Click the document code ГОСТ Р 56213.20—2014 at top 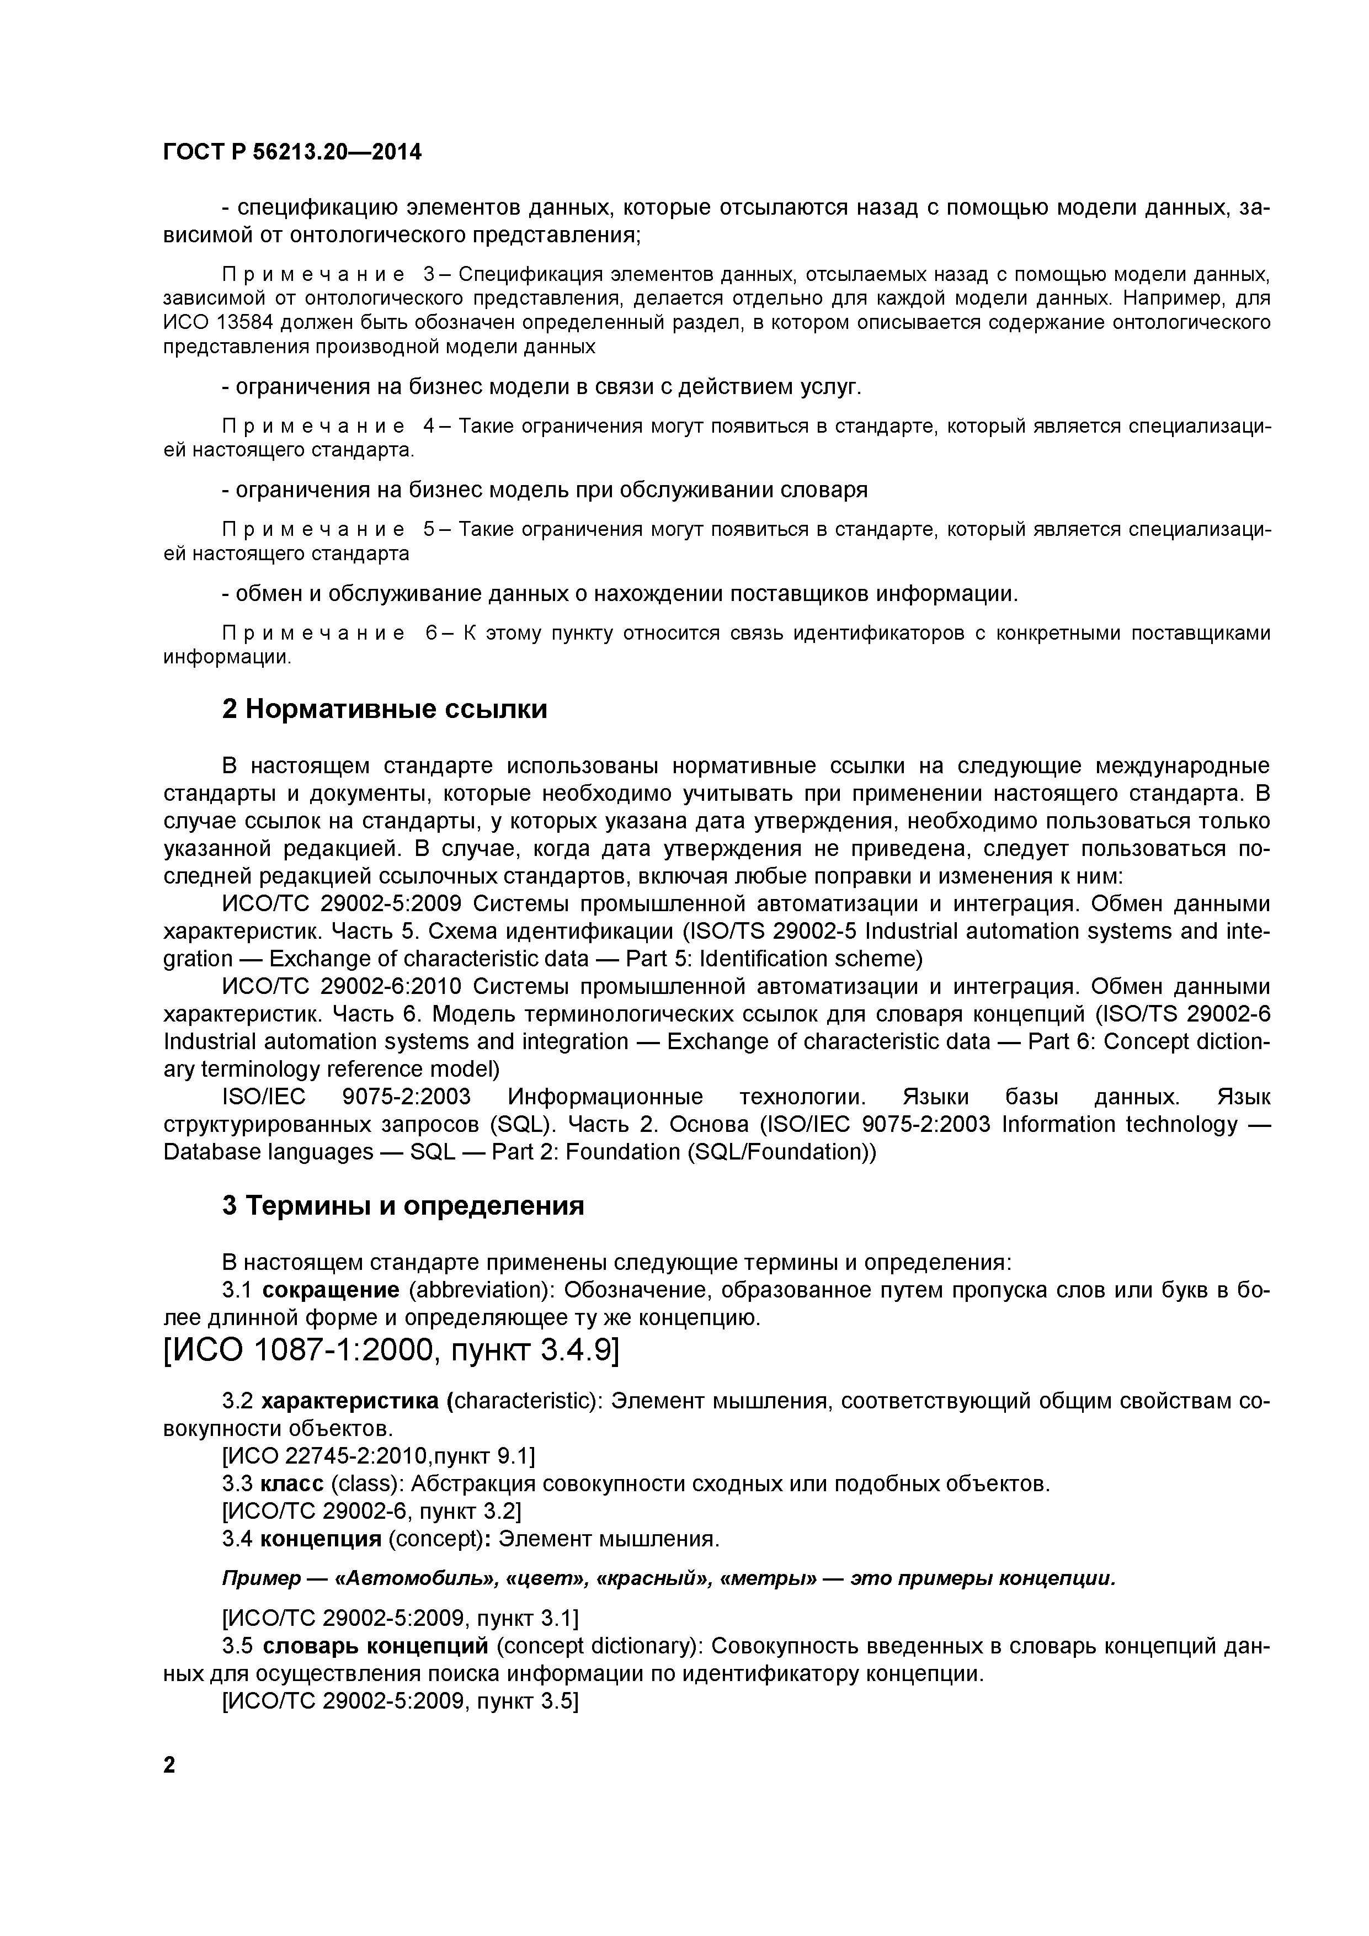(x=292, y=152)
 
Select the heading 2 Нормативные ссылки (x=385, y=709)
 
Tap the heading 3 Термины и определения (x=403, y=1206)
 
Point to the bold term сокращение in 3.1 (x=331, y=1290)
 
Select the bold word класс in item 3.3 (x=292, y=1484)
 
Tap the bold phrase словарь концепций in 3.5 (x=375, y=1646)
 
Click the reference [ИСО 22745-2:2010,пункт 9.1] (x=377, y=1456)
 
